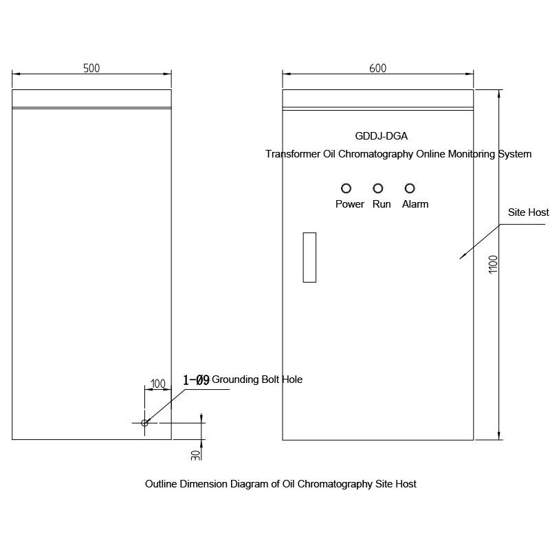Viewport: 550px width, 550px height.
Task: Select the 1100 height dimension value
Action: click(x=492, y=265)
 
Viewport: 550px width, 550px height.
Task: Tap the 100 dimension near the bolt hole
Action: click(x=158, y=384)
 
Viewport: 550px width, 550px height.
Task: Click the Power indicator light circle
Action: click(x=346, y=188)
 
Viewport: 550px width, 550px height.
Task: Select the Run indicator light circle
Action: click(x=378, y=188)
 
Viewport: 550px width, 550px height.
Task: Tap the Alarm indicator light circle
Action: click(x=410, y=188)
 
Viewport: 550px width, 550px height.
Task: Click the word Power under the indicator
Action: click(x=350, y=204)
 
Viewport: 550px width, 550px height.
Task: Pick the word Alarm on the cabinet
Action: click(x=415, y=204)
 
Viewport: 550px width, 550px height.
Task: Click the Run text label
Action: click(x=382, y=204)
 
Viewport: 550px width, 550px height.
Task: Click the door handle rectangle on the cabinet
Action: click(x=309, y=257)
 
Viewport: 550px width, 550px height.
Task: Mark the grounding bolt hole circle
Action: click(x=145, y=423)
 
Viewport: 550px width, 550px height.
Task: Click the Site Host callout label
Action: click(x=528, y=212)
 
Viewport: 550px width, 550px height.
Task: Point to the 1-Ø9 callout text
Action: click(x=196, y=379)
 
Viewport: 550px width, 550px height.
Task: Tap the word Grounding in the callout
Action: click(x=235, y=379)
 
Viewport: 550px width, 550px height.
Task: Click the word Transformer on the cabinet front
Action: click(x=293, y=154)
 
